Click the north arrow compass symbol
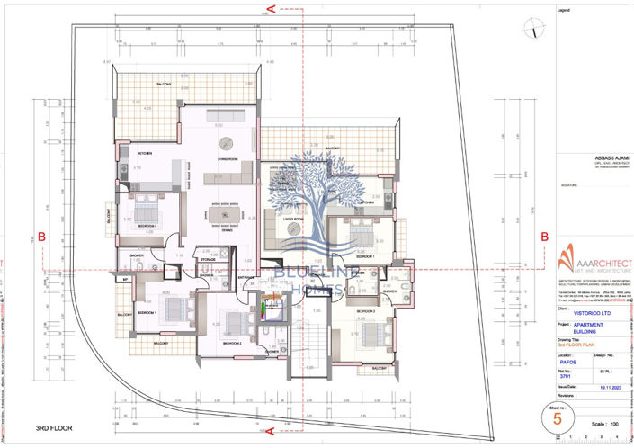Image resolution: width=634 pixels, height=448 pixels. [536, 28]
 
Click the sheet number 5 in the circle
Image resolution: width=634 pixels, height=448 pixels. [558, 417]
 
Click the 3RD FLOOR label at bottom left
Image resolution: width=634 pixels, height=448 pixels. [53, 429]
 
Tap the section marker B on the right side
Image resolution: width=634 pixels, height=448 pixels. [544, 236]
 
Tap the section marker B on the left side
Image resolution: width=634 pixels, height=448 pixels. [40, 236]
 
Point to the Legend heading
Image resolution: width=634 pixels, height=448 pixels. [565, 10]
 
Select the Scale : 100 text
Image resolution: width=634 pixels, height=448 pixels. [606, 422]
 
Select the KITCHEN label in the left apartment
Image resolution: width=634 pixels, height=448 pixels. [145, 153]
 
